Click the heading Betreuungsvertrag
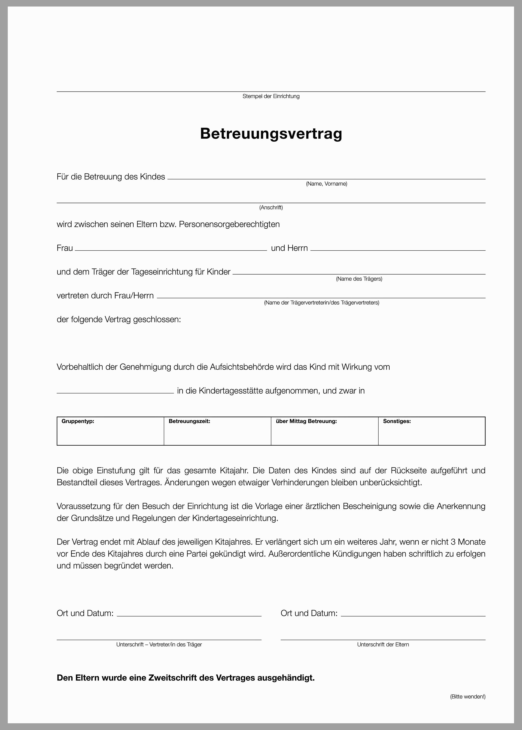click(x=271, y=134)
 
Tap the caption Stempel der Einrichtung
click(x=271, y=96)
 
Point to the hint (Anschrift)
click(x=271, y=208)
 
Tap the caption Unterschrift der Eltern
click(x=383, y=645)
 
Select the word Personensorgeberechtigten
click(x=229, y=224)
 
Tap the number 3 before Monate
click(x=453, y=542)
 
